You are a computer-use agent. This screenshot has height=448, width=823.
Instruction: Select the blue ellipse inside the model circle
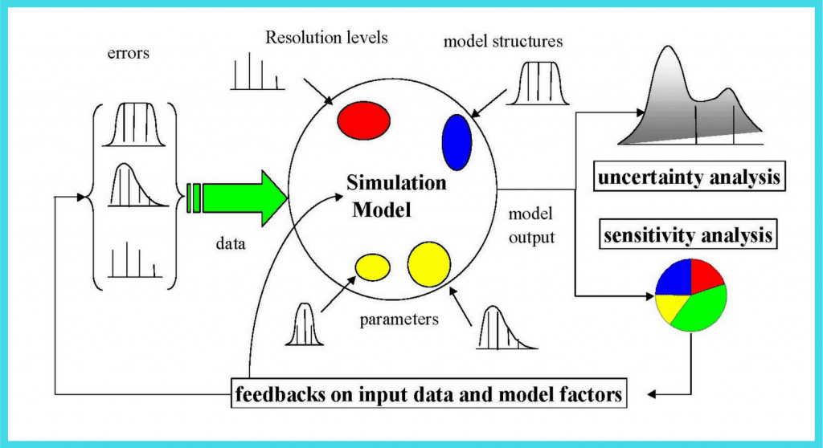coord(457,142)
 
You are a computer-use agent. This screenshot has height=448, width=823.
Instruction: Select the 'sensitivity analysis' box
coord(689,236)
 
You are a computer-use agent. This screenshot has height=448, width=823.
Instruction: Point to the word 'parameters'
coord(399,319)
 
